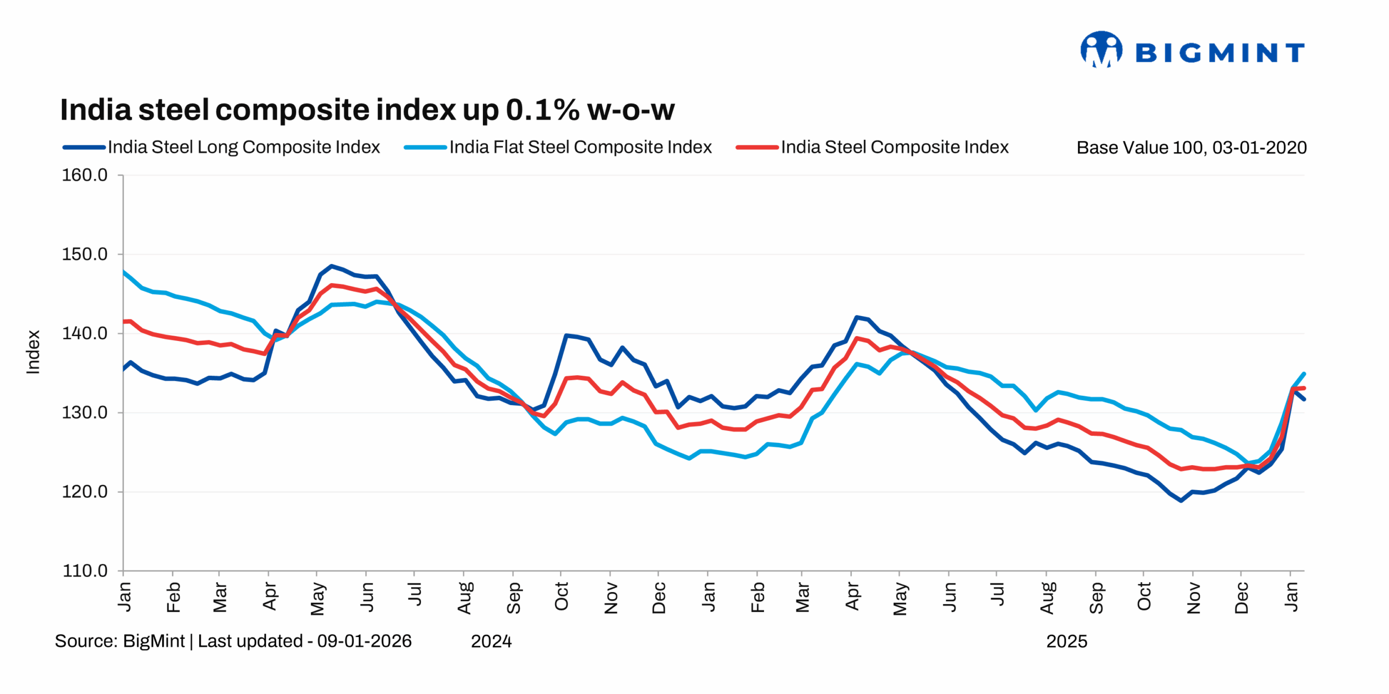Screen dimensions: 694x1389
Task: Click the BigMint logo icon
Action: [1101, 50]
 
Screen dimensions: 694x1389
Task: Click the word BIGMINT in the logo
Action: [1219, 53]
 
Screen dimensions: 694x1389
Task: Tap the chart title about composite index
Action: [367, 110]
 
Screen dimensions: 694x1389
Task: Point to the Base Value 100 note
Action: [1191, 147]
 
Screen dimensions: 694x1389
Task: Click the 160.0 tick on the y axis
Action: [85, 175]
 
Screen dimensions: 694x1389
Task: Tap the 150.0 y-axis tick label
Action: [85, 254]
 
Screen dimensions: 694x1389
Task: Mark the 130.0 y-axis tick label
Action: [85, 413]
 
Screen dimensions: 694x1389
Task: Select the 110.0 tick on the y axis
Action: [85, 571]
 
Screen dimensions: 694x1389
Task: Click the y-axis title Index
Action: [33, 352]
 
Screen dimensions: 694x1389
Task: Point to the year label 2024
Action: [491, 641]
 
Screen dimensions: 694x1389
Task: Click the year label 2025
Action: [1066, 641]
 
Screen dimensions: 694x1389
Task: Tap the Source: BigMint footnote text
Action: [233, 641]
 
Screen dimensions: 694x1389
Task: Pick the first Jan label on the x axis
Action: [124, 596]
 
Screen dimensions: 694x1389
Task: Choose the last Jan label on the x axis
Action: [1291, 596]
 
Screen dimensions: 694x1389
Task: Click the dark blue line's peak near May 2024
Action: [332, 266]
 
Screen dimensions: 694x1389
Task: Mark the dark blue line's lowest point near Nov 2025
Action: [1181, 500]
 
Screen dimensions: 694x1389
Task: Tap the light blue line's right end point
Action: [1304, 374]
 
